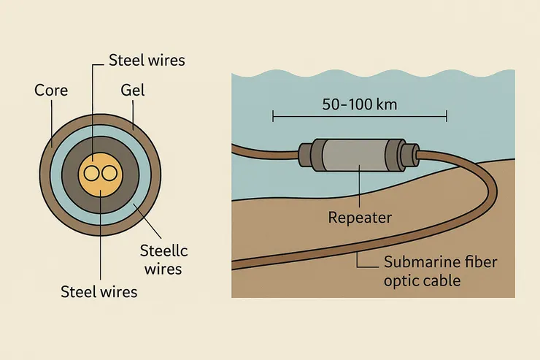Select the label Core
click(50, 91)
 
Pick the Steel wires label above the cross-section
click(146, 60)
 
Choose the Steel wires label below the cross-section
click(99, 293)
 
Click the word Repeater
click(360, 217)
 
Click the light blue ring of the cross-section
click(53, 173)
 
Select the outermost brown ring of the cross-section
click(43, 173)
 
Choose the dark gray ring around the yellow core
click(69, 173)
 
